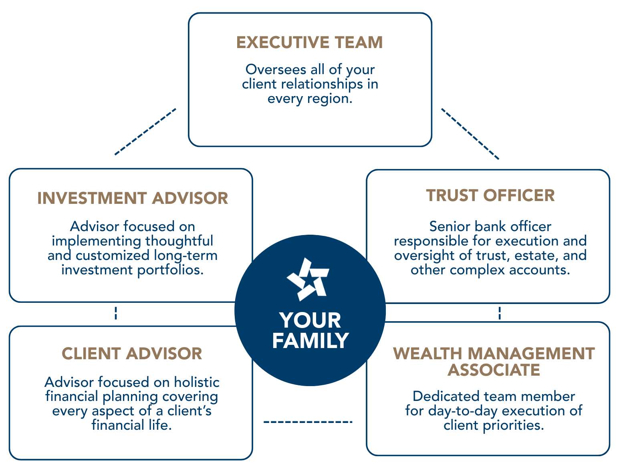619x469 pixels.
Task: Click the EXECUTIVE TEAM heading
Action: (309, 42)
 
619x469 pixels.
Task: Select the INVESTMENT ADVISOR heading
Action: (133, 198)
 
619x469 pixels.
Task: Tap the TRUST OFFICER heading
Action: (490, 195)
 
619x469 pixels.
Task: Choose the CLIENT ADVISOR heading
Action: (132, 354)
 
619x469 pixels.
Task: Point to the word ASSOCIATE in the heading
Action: (494, 370)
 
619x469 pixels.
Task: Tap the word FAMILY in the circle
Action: (311, 341)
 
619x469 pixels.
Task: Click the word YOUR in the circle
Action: (311, 320)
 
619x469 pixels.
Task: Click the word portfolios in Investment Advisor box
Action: (170, 270)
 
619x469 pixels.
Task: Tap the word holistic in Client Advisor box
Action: (197, 382)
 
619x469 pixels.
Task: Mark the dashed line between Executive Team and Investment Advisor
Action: (145, 131)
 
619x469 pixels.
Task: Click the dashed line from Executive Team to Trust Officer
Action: (470, 134)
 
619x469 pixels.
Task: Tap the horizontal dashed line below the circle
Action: (308, 422)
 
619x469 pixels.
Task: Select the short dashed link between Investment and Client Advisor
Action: (116, 313)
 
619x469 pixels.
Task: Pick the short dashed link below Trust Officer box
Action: (499, 313)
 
